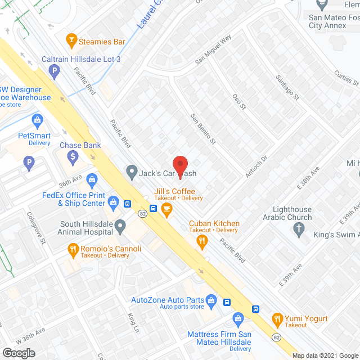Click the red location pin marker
coord(179,164)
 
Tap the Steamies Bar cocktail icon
coord(71,39)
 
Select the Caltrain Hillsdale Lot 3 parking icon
coord(54,70)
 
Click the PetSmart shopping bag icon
coord(37,120)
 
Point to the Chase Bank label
coord(80,145)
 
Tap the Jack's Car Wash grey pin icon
coord(132,170)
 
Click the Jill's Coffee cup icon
coord(166,209)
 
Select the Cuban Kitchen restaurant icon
coord(202,241)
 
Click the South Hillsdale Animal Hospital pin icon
coord(120,227)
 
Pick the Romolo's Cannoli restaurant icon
coord(73,249)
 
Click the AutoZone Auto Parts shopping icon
coord(211,299)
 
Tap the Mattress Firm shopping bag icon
coord(238,319)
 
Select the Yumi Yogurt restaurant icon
coord(277,318)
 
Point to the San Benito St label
coord(203,129)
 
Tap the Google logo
coord(19,353)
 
